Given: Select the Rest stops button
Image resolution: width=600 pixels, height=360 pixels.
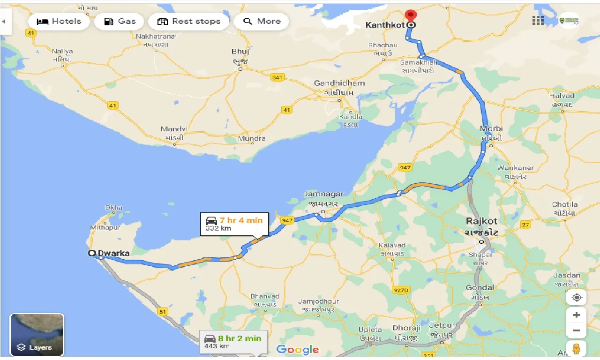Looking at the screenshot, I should (x=188, y=22).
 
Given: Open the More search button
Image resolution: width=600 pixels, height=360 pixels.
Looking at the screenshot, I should (x=261, y=22).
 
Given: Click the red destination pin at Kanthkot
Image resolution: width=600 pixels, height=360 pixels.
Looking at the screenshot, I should (x=411, y=17).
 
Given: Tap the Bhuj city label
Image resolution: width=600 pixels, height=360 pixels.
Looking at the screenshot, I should (x=240, y=52).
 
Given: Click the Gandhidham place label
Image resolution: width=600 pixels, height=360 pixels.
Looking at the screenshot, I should (x=339, y=83).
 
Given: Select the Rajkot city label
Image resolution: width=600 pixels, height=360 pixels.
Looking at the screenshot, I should (x=481, y=221).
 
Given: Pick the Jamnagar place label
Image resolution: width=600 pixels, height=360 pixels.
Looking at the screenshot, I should (x=323, y=194).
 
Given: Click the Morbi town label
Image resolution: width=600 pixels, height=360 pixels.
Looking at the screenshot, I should (x=491, y=128).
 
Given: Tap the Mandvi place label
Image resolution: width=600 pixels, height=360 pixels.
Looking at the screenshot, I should (x=174, y=129).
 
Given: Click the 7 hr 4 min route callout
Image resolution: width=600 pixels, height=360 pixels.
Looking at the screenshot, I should (x=234, y=224).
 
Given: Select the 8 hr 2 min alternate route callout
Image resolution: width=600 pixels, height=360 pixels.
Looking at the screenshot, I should (x=233, y=342).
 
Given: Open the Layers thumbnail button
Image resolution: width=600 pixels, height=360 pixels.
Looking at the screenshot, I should (x=37, y=335).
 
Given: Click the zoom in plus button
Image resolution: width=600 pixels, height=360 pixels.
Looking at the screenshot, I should (x=577, y=315).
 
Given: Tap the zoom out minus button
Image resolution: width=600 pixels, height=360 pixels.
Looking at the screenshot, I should (x=577, y=330).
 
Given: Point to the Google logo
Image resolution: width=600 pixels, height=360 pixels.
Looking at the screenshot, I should (x=298, y=350).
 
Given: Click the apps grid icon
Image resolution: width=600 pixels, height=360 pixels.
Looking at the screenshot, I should (x=538, y=21).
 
